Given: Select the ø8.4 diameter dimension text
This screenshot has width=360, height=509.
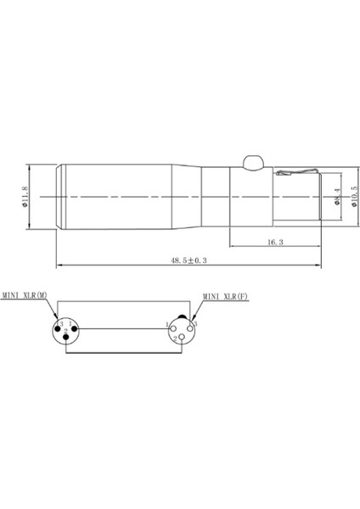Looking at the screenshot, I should coord(337,197).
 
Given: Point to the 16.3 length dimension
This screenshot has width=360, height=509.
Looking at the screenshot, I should coord(273,243).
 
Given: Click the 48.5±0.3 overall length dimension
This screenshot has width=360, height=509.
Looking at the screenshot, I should coord(188,261).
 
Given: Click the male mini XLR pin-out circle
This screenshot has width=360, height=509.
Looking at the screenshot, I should coord(65,329).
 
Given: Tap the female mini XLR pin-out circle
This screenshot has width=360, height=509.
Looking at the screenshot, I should coord(181,329).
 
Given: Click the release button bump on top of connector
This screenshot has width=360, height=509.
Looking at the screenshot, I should coord(252,161).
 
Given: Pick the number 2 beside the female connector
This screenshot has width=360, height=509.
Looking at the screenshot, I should coord(175,339).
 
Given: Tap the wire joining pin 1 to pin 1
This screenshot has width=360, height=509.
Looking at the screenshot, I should coord(123,328).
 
